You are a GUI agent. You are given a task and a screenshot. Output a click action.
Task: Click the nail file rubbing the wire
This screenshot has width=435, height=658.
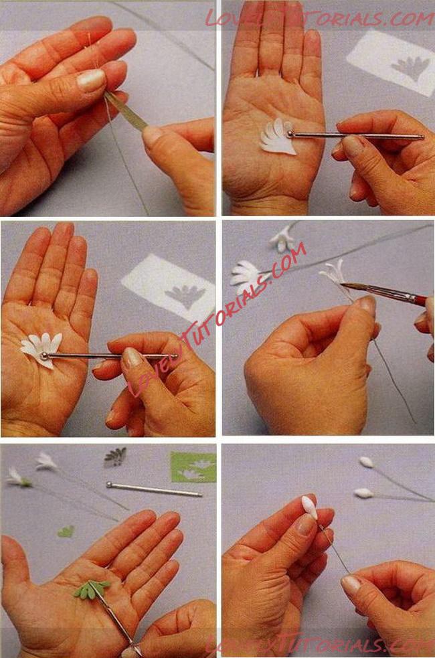point(126,111)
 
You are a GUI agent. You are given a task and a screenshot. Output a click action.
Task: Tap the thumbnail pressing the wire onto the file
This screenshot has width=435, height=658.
point(91,80)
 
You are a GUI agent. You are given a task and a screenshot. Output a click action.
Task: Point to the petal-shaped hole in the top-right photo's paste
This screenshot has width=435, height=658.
point(411,68)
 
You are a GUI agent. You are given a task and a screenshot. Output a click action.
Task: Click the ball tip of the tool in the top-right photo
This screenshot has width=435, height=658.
point(290,134)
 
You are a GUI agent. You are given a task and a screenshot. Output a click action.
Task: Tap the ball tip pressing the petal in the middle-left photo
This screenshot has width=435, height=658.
point(44,356)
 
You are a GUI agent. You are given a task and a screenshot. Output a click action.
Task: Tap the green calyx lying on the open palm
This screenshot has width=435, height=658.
point(92,589)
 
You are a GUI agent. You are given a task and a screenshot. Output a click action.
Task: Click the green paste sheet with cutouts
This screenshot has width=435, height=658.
point(193,467)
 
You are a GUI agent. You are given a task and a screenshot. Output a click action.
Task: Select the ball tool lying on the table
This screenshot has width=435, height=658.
point(154,489)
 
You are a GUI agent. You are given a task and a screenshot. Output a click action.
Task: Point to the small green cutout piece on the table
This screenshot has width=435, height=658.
point(66,531)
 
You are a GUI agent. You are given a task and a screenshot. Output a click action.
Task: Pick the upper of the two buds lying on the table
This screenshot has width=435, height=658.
point(367,462)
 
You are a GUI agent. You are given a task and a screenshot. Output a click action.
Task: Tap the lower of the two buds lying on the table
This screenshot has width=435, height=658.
point(363,493)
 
